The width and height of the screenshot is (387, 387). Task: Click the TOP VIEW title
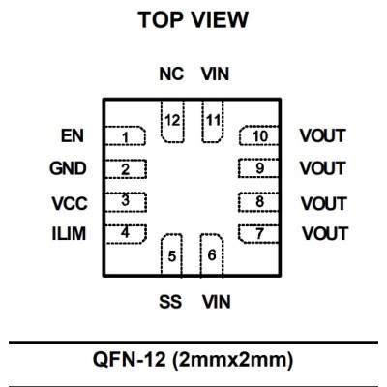pyautogui.click(x=193, y=19)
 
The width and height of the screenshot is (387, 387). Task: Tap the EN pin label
pyautogui.click(x=73, y=135)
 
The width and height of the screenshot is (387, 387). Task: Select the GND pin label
pyautogui.click(x=68, y=168)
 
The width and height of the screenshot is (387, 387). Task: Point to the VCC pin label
pyautogui.click(x=70, y=203)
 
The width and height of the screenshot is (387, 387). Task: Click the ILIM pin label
pyautogui.click(x=69, y=233)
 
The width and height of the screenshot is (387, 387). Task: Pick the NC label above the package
pyautogui.click(x=171, y=74)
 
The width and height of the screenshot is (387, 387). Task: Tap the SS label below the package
pyautogui.click(x=170, y=302)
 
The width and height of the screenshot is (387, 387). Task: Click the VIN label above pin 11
pyautogui.click(x=215, y=74)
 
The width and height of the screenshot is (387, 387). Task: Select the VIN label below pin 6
pyautogui.click(x=217, y=302)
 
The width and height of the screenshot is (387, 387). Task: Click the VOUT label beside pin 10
pyautogui.click(x=322, y=135)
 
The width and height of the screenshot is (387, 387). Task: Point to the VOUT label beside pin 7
pyautogui.click(x=325, y=233)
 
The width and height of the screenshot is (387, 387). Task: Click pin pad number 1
pyautogui.click(x=126, y=135)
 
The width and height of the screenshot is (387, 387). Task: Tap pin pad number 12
pyautogui.click(x=172, y=122)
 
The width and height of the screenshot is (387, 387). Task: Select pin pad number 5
pyautogui.click(x=171, y=254)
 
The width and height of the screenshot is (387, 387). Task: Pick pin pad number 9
pyautogui.click(x=258, y=168)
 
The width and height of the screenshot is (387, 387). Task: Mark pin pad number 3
pyautogui.click(x=126, y=202)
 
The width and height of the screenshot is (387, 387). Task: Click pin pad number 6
pyautogui.click(x=212, y=254)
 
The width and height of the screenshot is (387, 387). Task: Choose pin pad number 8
pyautogui.click(x=258, y=202)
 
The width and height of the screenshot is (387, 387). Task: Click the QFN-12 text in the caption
pyautogui.click(x=130, y=359)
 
